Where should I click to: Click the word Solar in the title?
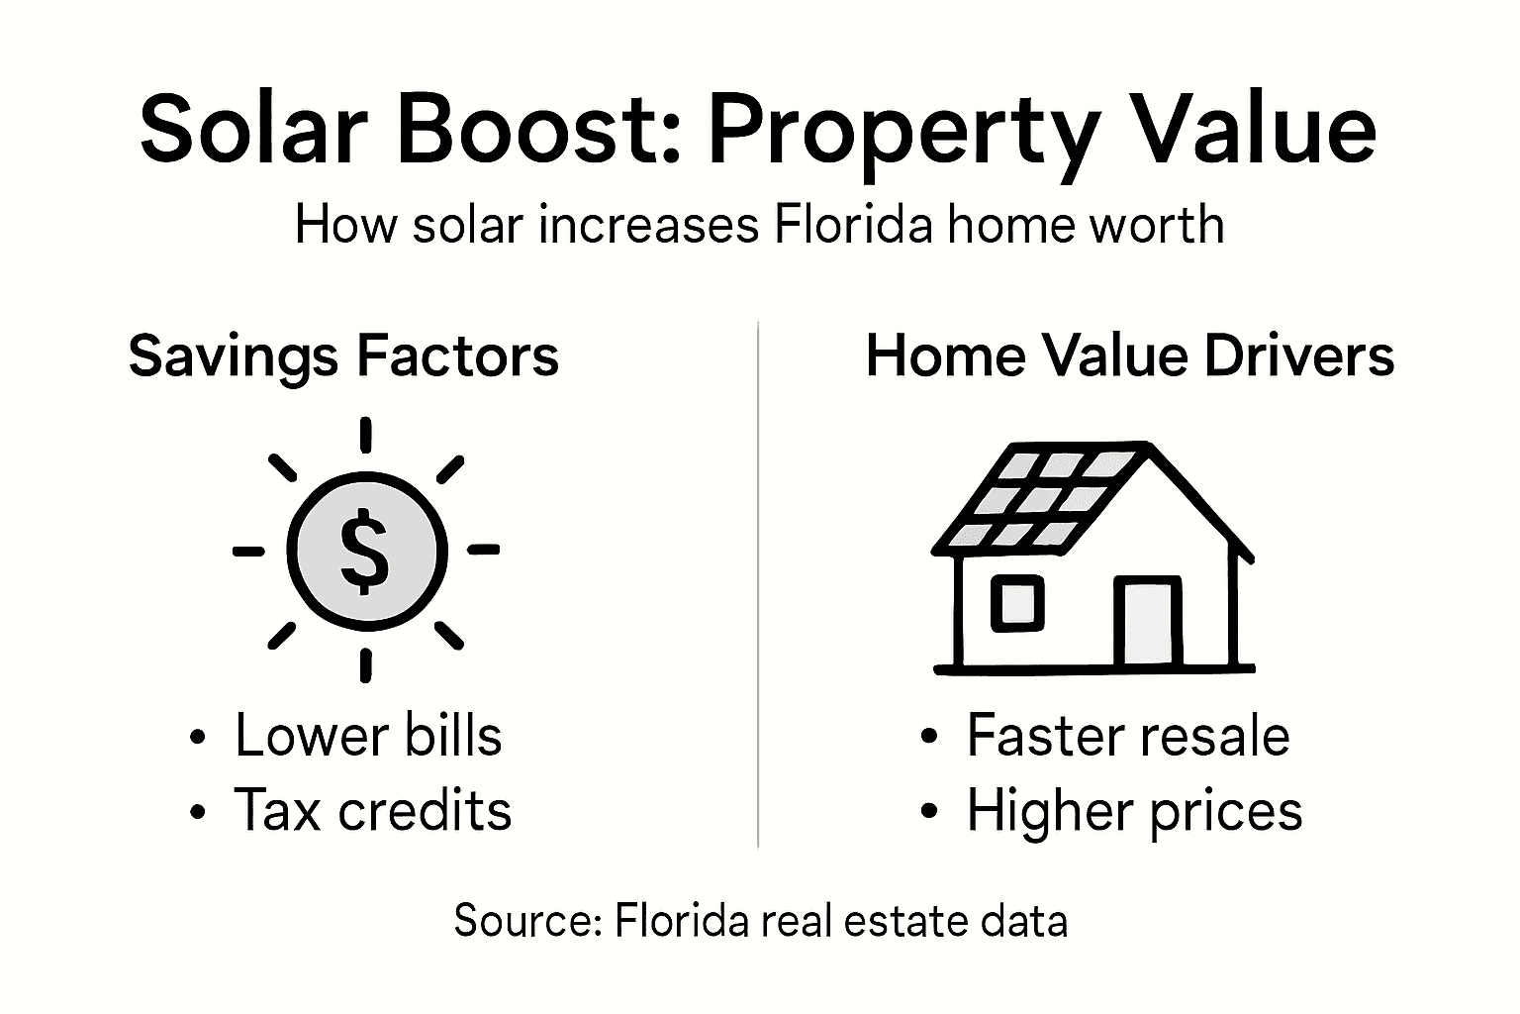(x=253, y=131)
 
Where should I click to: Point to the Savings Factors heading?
(x=343, y=356)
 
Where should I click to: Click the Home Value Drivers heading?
(x=1129, y=355)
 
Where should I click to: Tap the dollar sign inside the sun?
(x=365, y=551)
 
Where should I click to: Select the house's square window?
(x=1017, y=604)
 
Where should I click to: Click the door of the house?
(x=1147, y=623)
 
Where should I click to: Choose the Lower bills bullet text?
(x=368, y=736)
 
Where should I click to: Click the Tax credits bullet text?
(x=373, y=810)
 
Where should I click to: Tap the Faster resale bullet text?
(x=1128, y=736)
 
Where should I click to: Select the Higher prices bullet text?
(x=1134, y=811)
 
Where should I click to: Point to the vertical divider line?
(x=758, y=584)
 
